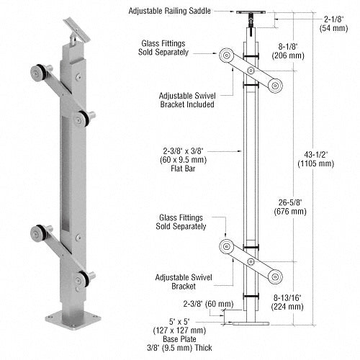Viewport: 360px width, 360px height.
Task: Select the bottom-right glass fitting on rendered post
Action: coord(88,276)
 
